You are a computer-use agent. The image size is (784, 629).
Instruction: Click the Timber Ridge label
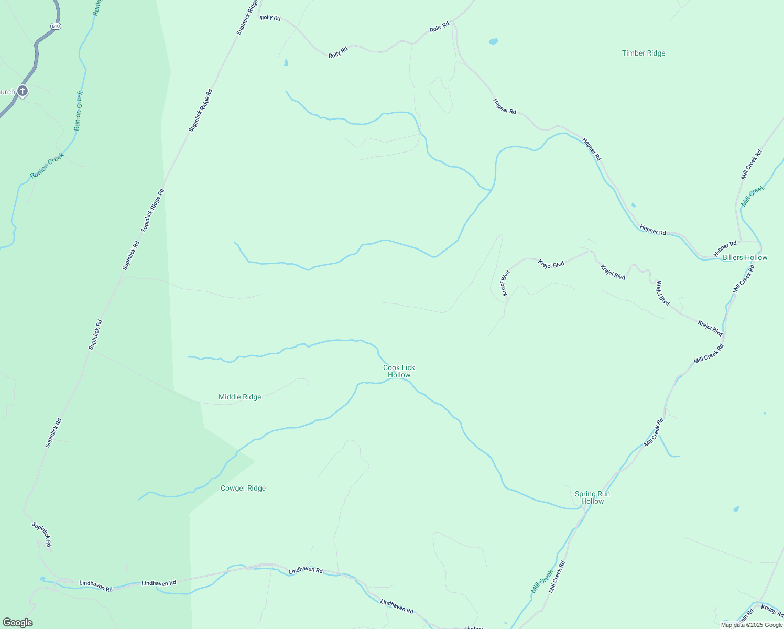[644, 53]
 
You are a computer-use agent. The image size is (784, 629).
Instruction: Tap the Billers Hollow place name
[745, 257]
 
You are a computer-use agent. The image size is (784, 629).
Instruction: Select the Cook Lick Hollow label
[399, 371]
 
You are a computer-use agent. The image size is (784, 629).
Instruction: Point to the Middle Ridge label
[239, 397]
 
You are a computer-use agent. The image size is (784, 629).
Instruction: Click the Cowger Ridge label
[243, 488]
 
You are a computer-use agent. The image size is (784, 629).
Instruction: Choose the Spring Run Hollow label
[592, 497]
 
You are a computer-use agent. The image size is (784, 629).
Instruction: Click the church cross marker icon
[22, 91]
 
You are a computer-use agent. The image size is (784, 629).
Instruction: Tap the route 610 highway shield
[56, 26]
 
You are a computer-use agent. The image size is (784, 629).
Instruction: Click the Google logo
[17, 623]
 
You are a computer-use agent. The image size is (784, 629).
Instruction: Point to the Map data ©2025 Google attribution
[751, 625]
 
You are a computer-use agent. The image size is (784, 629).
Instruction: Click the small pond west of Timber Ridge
[493, 41]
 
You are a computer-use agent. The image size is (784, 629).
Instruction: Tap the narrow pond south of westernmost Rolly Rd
[286, 62]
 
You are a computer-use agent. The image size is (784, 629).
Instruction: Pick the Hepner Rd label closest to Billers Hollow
[725, 248]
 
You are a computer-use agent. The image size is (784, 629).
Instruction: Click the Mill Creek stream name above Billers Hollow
[753, 196]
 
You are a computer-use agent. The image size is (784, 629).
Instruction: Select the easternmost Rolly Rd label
[439, 27]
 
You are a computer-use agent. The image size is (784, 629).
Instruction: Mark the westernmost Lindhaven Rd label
[96, 586]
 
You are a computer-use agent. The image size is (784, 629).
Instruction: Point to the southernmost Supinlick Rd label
[42, 535]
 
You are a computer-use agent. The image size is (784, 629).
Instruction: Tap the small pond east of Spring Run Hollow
[736, 508]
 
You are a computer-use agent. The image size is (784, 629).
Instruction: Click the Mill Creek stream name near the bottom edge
[542, 581]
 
